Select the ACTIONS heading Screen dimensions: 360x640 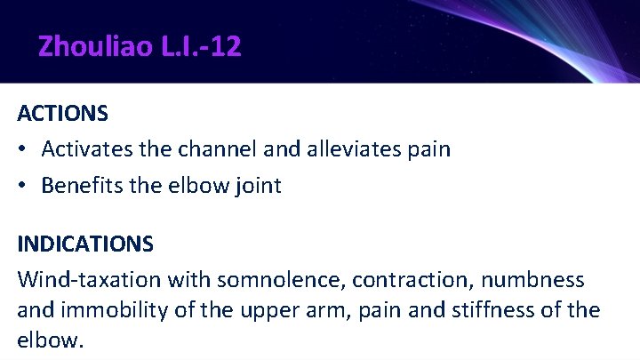coord(63,115)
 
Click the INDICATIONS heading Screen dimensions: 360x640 coord(85,243)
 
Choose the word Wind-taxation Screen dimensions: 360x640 coord(82,281)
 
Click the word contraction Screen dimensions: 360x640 coord(405,281)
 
